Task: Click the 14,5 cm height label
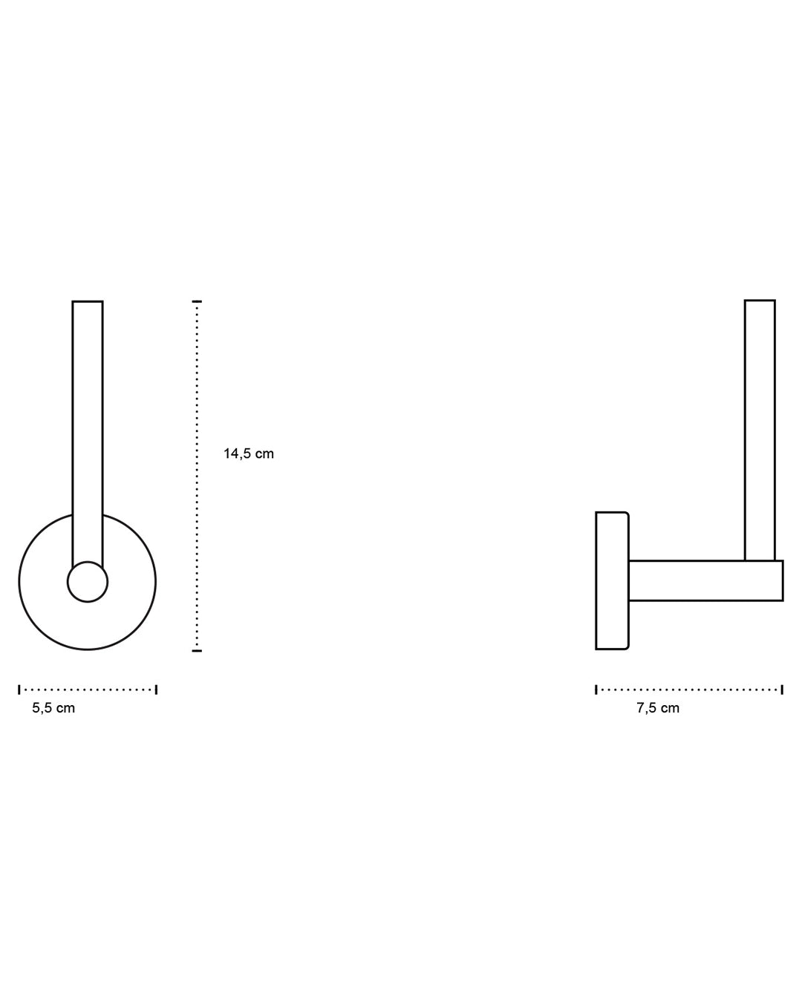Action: pyautogui.click(x=248, y=453)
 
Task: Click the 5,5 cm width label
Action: pyautogui.click(x=53, y=708)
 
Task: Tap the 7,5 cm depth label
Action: pyautogui.click(x=657, y=708)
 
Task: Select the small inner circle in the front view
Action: pyautogui.click(x=88, y=582)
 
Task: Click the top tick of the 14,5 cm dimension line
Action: pyautogui.click(x=197, y=302)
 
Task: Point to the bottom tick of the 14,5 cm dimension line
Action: pyautogui.click(x=197, y=650)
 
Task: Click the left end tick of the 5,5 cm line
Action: pyautogui.click(x=19, y=690)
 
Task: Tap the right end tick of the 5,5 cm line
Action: pyautogui.click(x=156, y=690)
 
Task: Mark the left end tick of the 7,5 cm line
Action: pyautogui.click(x=596, y=690)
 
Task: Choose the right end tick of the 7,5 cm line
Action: pyautogui.click(x=782, y=690)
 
